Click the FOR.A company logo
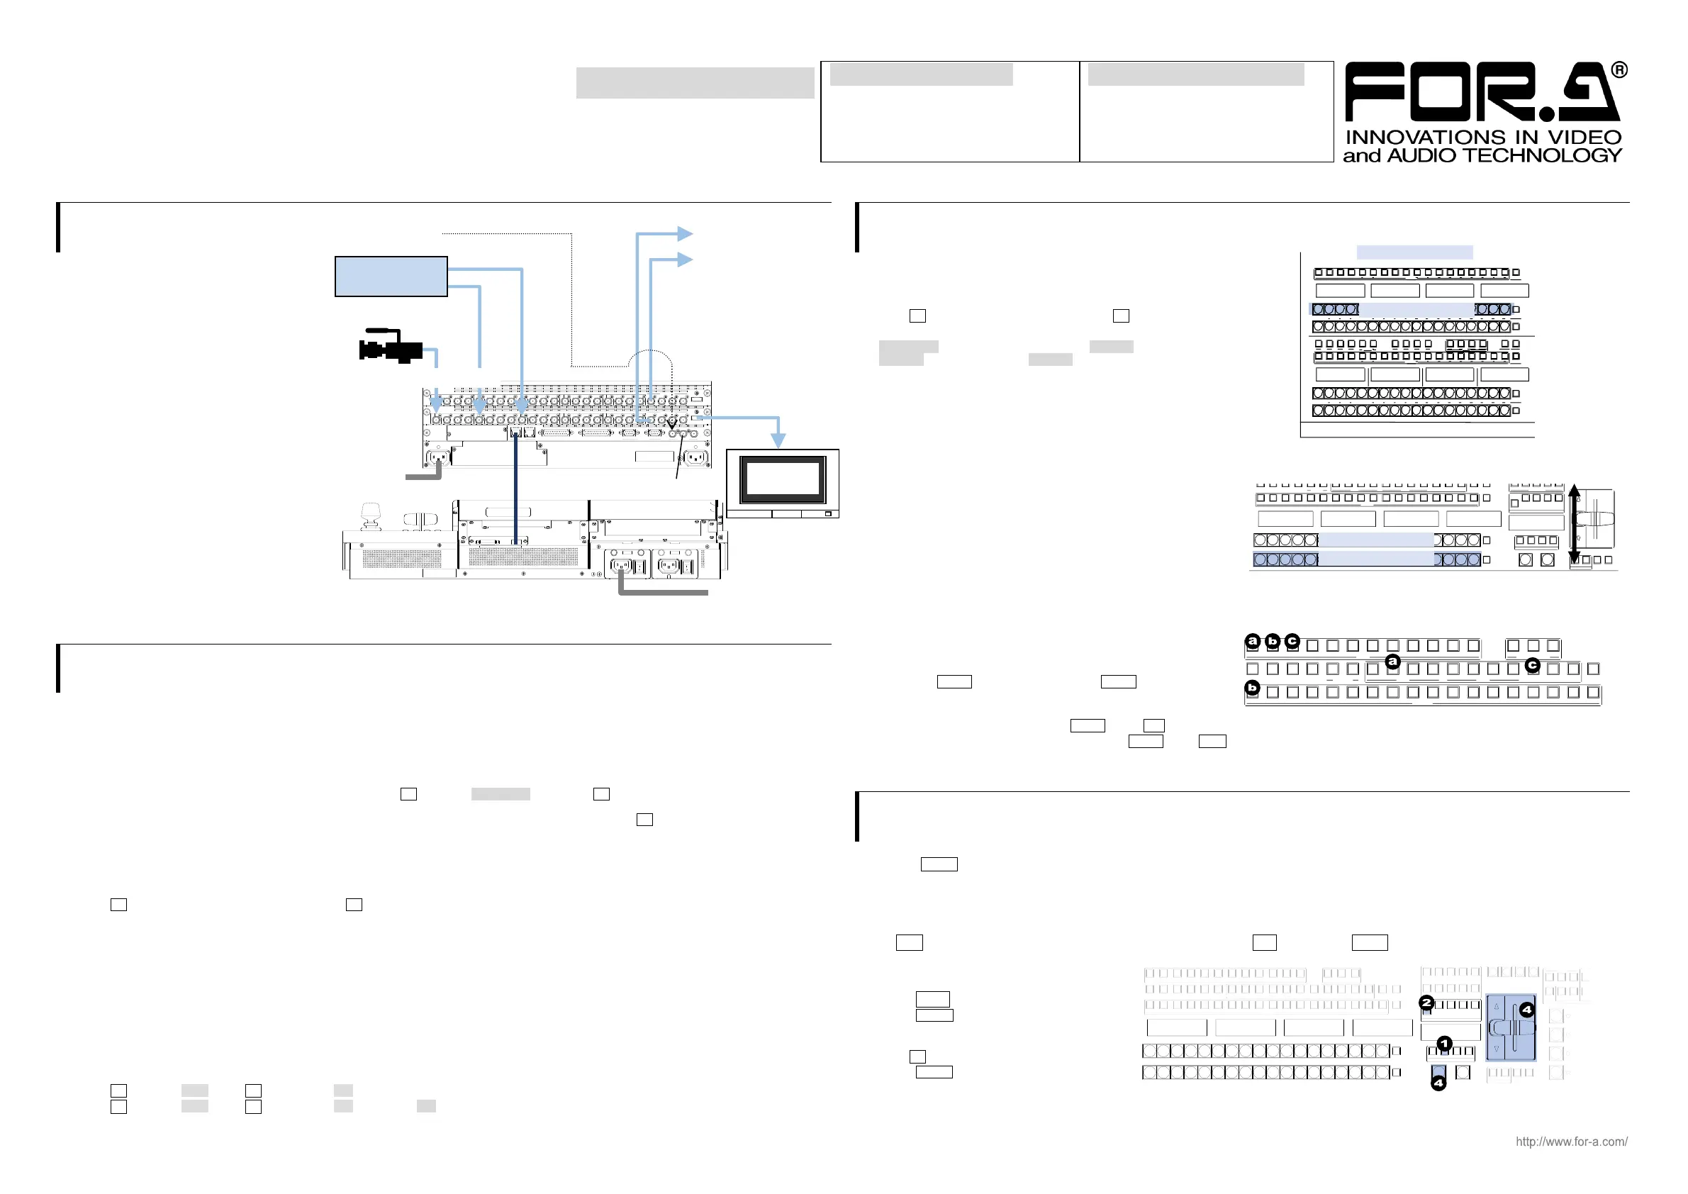tap(1482, 92)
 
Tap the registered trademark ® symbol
tap(1619, 71)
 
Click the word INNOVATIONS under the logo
tap(1412, 138)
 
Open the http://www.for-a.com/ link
tap(1571, 1142)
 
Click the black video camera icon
tap(390, 346)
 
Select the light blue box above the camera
tap(391, 277)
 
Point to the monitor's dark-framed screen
tap(783, 479)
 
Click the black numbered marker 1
tap(1445, 1043)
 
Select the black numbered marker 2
tap(1426, 1002)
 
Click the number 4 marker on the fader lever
tap(1527, 1010)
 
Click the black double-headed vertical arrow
tap(1574, 523)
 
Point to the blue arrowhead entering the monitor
tap(778, 440)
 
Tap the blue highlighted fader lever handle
tap(1511, 1028)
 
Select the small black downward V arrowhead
tap(671, 424)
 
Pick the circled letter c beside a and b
tap(1292, 641)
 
